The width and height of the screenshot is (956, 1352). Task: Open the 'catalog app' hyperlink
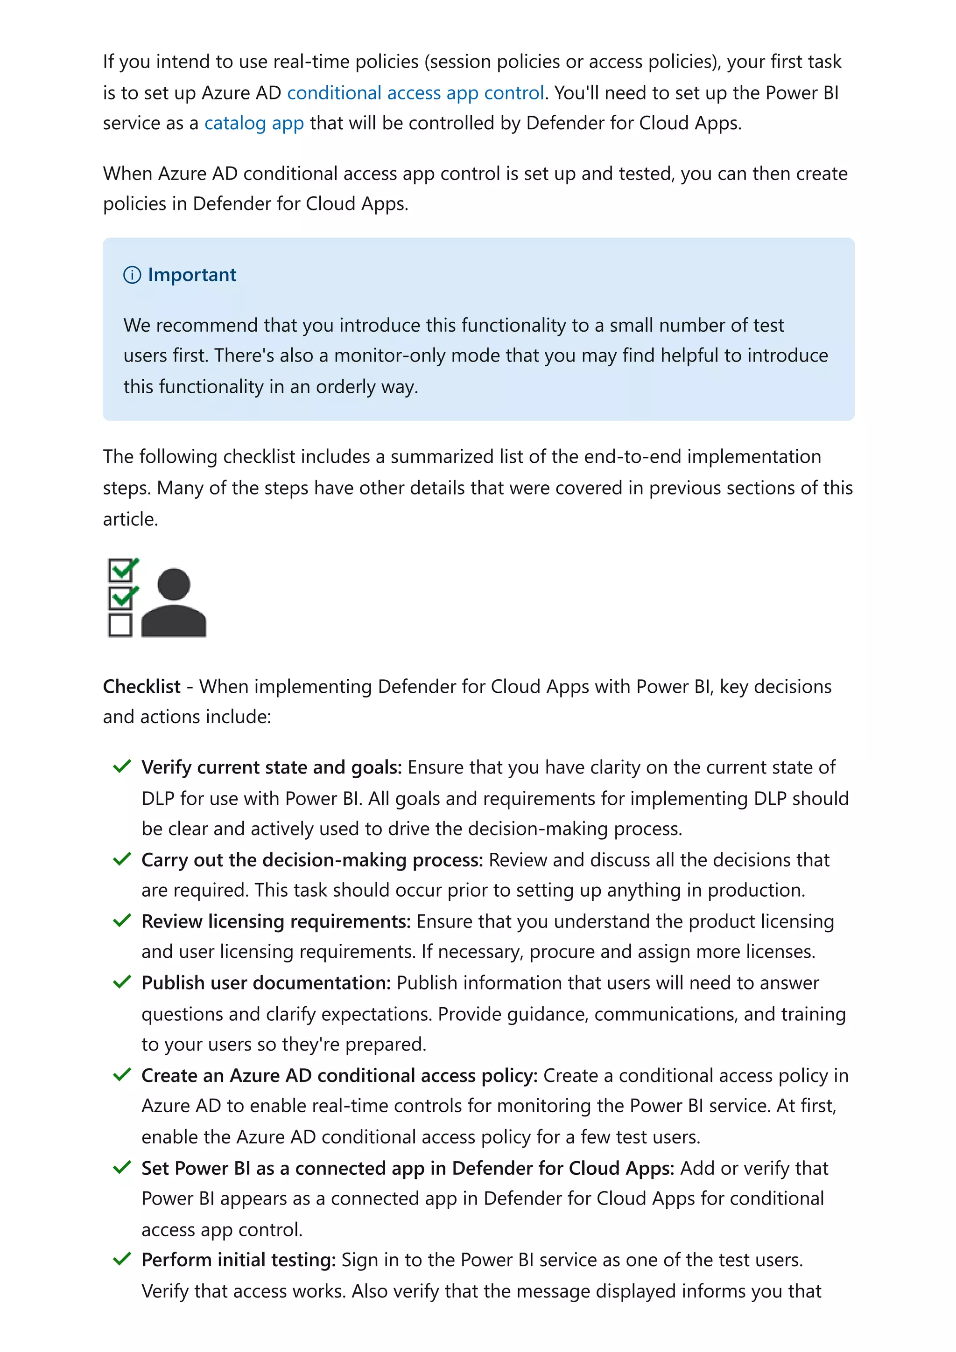(x=254, y=123)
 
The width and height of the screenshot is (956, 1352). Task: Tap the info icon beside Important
(x=132, y=275)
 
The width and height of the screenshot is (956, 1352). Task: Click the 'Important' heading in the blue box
(x=191, y=275)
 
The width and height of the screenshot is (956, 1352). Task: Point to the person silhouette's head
(x=174, y=585)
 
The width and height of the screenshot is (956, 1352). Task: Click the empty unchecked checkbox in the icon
(x=120, y=625)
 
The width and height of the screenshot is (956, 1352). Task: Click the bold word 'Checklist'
(x=141, y=687)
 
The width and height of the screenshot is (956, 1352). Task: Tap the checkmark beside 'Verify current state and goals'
(x=122, y=766)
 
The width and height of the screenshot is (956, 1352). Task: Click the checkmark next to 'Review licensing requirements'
(x=122, y=920)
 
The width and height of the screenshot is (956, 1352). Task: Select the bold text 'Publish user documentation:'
(x=266, y=983)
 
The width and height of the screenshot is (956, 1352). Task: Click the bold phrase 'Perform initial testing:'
(x=239, y=1260)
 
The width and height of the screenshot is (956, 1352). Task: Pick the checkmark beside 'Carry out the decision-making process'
(x=122, y=859)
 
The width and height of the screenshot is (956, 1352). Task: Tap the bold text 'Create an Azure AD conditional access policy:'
(x=339, y=1075)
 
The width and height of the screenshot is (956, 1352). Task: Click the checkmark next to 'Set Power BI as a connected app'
(x=122, y=1167)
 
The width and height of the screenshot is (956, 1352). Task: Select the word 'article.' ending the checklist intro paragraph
(x=130, y=519)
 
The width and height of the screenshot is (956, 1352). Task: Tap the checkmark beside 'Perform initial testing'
(x=122, y=1259)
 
